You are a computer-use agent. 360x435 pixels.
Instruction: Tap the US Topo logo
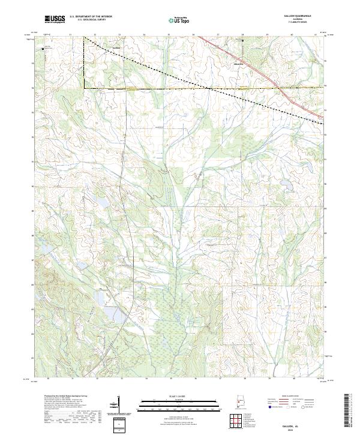(x=173, y=20)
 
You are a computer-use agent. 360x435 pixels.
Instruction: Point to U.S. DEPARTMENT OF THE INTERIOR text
(x=91, y=17)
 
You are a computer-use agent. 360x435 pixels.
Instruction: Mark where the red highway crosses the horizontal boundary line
(x=280, y=89)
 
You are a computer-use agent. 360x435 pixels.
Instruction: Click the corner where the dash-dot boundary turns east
(x=83, y=89)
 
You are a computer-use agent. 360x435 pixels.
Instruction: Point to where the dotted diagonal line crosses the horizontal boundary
(x=208, y=89)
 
